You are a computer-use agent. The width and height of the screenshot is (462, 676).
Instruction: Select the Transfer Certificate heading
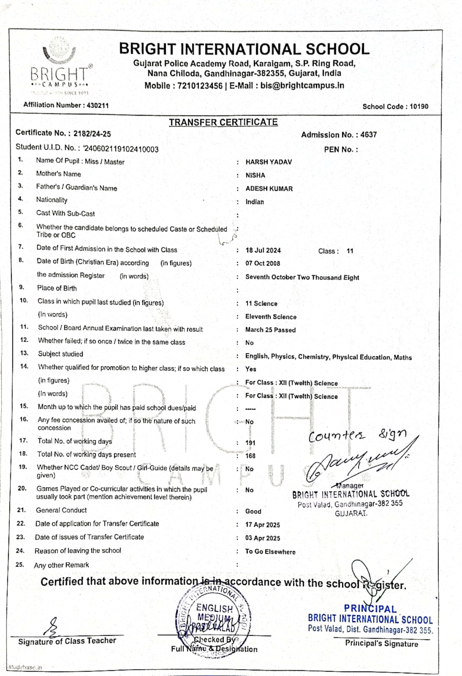tap(223, 122)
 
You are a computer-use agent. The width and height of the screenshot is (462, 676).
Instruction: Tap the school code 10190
tap(419, 106)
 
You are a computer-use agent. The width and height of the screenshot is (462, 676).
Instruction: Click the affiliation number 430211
tap(98, 105)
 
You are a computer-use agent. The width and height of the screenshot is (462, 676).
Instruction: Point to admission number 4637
tap(368, 135)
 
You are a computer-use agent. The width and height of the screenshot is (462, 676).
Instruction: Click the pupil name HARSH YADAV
tap(269, 162)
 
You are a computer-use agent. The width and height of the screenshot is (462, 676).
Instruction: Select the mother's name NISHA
tap(255, 175)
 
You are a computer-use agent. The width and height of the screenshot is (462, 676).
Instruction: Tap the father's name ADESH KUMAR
tap(269, 188)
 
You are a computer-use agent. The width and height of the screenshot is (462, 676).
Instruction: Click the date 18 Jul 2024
tap(263, 250)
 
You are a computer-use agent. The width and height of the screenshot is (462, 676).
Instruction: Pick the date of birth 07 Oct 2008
tap(263, 263)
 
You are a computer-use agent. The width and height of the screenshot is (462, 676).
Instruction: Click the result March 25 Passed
tap(270, 330)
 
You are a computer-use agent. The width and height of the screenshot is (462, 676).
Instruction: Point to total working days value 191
tap(250, 443)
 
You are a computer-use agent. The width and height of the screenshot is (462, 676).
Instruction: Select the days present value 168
tap(250, 456)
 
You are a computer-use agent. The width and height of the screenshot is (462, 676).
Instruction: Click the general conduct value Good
tap(253, 511)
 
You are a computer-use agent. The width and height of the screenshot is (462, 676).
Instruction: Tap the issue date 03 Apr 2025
tap(262, 538)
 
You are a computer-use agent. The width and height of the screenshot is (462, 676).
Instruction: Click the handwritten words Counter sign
tap(357, 435)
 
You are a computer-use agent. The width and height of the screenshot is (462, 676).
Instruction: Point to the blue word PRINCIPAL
tap(370, 609)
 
